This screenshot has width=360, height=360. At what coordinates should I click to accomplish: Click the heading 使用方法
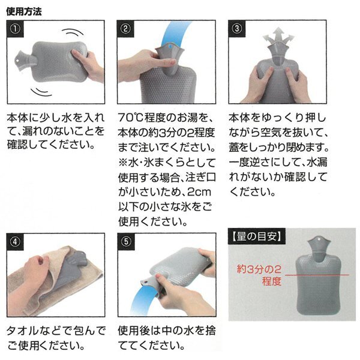(24, 11)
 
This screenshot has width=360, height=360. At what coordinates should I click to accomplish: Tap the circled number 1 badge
(15, 29)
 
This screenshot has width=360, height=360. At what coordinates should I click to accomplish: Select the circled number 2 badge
(125, 29)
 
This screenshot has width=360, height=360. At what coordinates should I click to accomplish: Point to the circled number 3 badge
(237, 29)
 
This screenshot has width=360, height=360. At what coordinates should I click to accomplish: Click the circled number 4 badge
(15, 242)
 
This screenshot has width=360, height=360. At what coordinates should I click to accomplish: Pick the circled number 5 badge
(126, 242)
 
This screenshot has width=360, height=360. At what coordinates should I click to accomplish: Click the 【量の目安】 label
(256, 236)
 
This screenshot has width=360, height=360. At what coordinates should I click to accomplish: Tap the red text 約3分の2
(259, 269)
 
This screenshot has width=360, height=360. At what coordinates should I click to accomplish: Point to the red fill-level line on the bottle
(317, 275)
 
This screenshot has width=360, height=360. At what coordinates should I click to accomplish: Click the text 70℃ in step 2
(130, 118)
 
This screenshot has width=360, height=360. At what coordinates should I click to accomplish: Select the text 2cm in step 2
(199, 192)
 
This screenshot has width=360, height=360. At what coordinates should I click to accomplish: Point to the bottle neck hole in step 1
(17, 61)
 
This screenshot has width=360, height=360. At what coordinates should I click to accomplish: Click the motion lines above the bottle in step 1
(73, 32)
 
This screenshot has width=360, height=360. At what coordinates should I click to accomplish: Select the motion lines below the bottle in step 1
(41, 92)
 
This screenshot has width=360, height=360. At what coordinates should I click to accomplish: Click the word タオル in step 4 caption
(22, 331)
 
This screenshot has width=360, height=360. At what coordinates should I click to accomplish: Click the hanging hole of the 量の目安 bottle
(319, 239)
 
